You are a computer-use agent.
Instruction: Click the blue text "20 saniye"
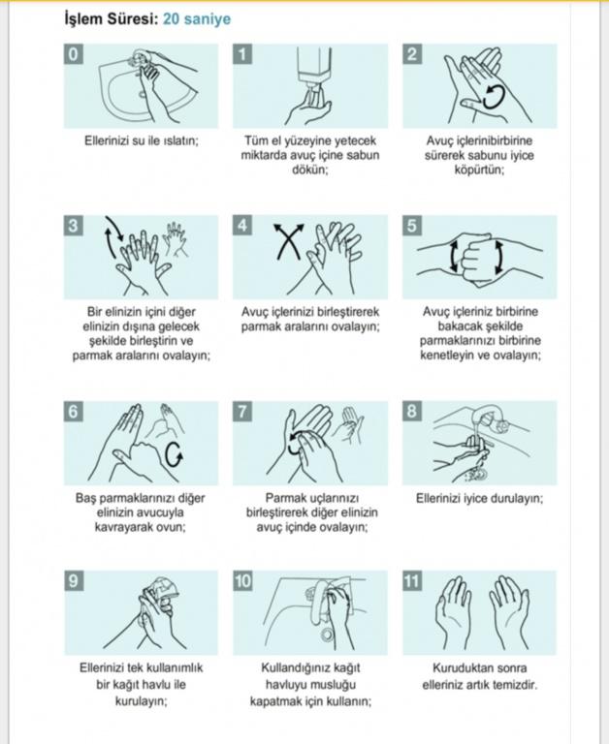197,19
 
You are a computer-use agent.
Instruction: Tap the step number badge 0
73,54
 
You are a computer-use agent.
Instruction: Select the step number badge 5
412,226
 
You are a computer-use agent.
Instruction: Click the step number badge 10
242,581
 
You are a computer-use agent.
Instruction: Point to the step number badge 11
412,581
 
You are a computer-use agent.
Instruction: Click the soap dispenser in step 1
311,67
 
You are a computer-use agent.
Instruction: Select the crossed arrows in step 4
288,240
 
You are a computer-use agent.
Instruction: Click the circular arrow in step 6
174,455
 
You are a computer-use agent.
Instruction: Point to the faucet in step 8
490,418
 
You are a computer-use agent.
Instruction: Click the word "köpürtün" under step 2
479,170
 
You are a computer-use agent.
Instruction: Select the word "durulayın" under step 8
515,499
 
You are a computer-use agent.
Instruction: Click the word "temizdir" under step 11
516,685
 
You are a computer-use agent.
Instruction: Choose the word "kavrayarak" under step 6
121,527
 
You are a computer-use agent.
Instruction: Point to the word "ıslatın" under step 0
180,140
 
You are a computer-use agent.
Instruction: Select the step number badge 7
242,411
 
